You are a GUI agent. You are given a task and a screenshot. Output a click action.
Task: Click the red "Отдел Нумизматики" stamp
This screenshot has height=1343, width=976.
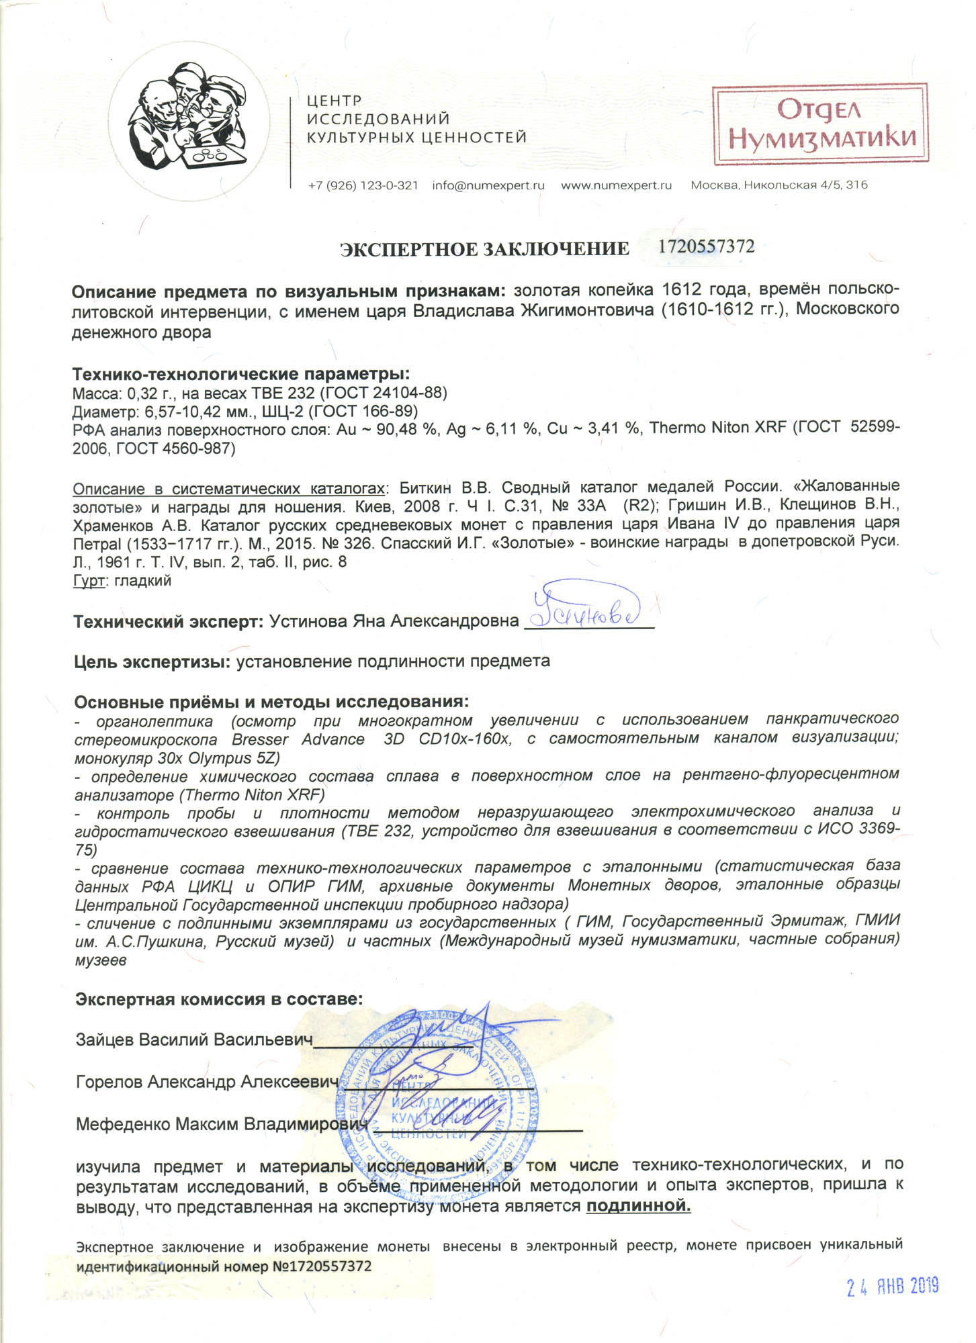(820, 124)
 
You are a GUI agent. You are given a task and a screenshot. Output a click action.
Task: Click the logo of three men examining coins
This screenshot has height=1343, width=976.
(189, 123)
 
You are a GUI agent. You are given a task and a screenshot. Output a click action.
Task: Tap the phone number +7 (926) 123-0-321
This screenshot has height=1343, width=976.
(363, 185)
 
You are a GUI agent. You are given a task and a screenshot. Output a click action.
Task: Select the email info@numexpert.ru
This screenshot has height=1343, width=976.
(488, 185)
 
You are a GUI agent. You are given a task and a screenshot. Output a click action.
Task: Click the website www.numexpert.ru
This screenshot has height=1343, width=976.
(616, 185)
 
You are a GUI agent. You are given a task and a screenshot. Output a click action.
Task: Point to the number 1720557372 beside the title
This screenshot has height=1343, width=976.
(706, 246)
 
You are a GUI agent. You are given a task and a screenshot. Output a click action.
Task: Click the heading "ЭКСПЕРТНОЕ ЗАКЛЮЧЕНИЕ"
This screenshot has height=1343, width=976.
(484, 249)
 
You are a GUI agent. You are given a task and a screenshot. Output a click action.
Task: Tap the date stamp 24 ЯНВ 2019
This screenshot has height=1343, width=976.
(892, 1286)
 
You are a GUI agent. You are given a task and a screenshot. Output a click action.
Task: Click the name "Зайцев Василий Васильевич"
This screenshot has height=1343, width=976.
(194, 1040)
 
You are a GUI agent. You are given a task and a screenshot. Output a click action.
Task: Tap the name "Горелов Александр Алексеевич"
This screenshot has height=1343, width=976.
(206, 1082)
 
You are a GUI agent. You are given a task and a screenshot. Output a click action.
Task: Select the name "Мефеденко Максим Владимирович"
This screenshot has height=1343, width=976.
(222, 1124)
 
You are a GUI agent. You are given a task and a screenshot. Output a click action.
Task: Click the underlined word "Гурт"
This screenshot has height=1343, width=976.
(88, 581)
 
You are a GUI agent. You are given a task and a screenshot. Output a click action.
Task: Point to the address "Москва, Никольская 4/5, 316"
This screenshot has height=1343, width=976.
(779, 185)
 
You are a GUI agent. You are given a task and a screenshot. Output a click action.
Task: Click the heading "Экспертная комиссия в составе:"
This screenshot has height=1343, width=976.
(219, 999)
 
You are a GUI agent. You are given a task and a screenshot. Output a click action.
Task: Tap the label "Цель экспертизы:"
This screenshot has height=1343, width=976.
(152, 661)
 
